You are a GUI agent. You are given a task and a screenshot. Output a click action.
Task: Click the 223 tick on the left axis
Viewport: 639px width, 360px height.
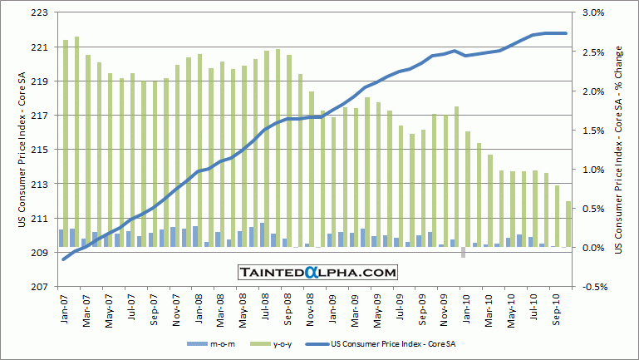pyautogui.click(x=40, y=13)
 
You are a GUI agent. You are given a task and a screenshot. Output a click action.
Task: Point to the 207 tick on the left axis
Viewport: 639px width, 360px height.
pyautogui.click(x=40, y=287)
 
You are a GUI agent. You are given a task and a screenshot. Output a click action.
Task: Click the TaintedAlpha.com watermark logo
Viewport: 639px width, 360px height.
pyautogui.click(x=318, y=272)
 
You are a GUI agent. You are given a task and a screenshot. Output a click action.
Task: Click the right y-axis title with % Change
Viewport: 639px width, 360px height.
pyautogui.click(x=619, y=150)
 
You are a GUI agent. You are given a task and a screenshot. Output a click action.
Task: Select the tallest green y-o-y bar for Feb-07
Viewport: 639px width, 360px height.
pyautogui.click(x=76, y=141)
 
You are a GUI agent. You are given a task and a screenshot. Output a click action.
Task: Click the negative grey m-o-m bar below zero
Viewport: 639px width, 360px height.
pyautogui.click(x=463, y=252)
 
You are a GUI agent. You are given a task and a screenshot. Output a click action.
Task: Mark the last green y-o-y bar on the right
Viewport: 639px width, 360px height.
pyautogui.click(x=568, y=224)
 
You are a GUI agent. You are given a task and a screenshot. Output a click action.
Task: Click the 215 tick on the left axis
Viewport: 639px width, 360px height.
pyautogui.click(x=40, y=150)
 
